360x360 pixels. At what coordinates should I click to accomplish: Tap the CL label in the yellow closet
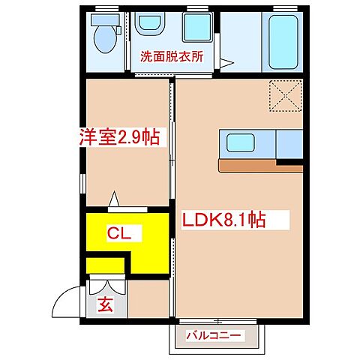119,234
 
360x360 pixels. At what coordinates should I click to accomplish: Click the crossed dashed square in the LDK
285,95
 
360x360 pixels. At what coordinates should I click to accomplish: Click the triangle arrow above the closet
115,199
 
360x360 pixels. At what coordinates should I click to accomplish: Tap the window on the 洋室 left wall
81,183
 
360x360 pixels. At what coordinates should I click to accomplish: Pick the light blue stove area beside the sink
289,142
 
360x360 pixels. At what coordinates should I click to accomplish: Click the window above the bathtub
284,8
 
